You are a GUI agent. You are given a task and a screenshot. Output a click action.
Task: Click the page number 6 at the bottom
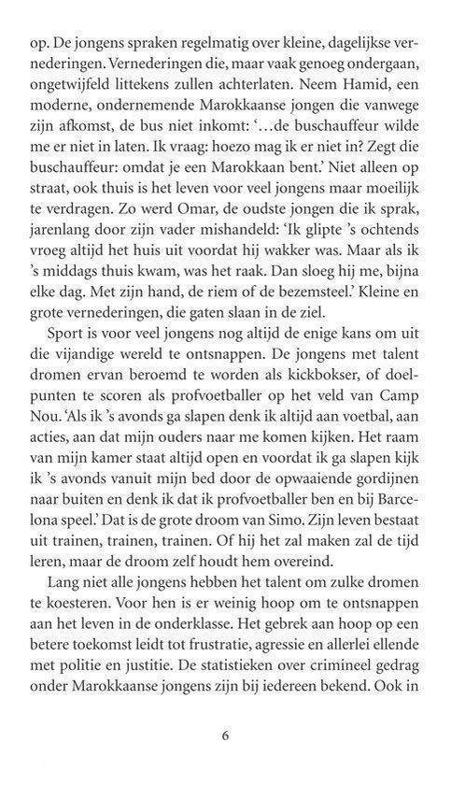pos(225,734)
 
